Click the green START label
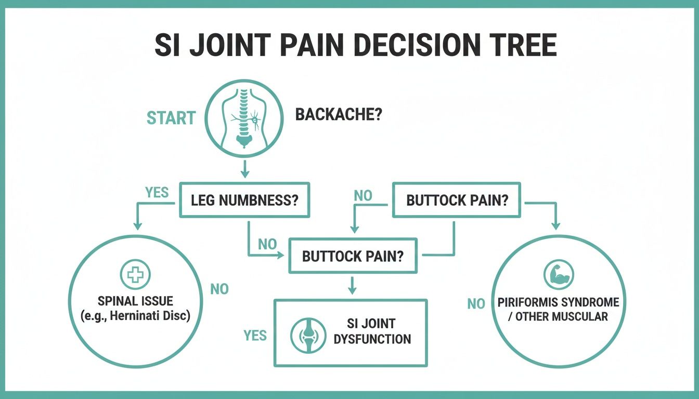pos(171,118)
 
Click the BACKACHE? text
pos(339,115)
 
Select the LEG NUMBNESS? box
pos(244,200)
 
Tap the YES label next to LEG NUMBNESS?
pos(157,193)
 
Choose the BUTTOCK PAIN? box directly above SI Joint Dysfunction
pos(353,256)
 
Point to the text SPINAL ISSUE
pos(135,301)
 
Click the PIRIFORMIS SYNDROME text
pos(558,302)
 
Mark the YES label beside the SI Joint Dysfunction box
pos(255,336)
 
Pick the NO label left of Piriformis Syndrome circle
pos(476,303)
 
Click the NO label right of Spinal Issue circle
pos(219,289)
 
